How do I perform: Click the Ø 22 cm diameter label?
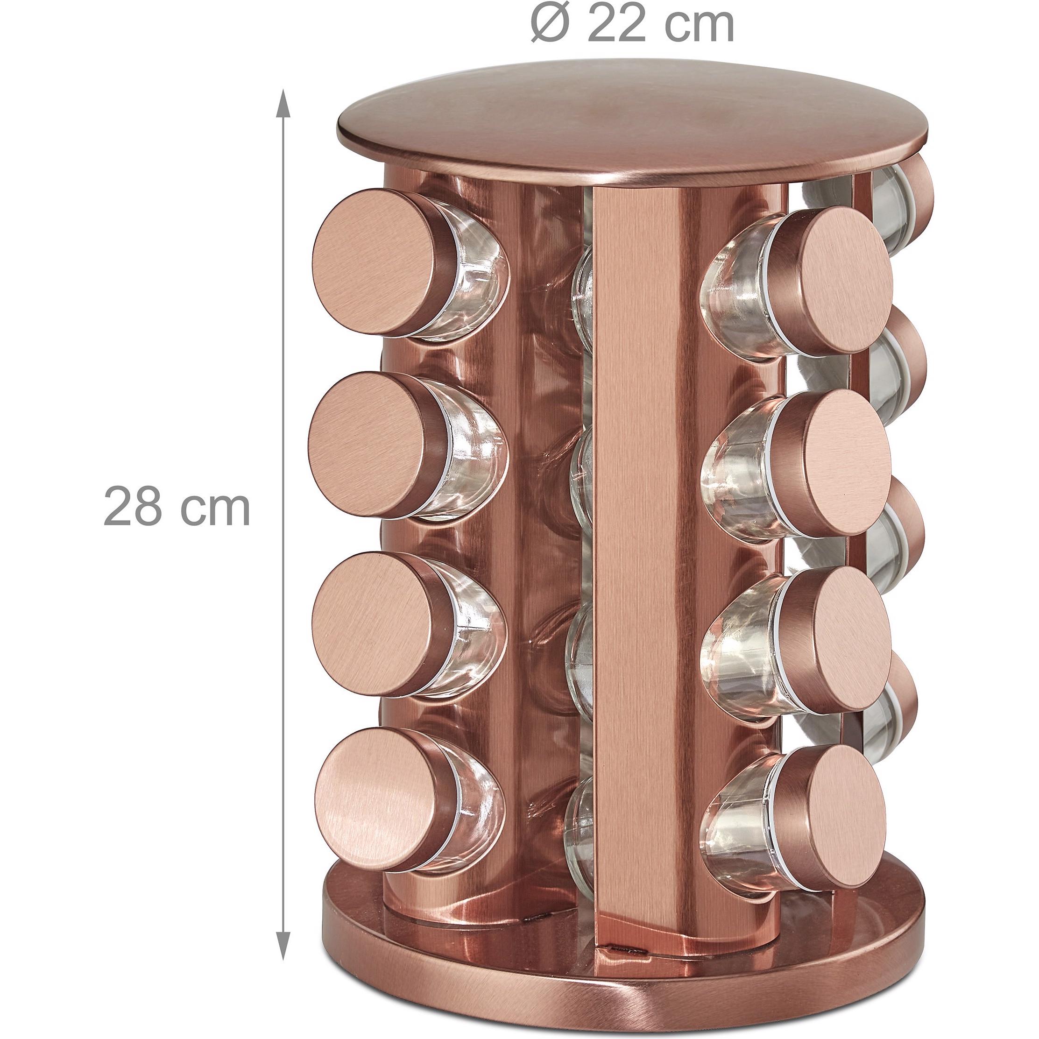632,24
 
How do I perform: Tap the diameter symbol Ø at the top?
550,24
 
